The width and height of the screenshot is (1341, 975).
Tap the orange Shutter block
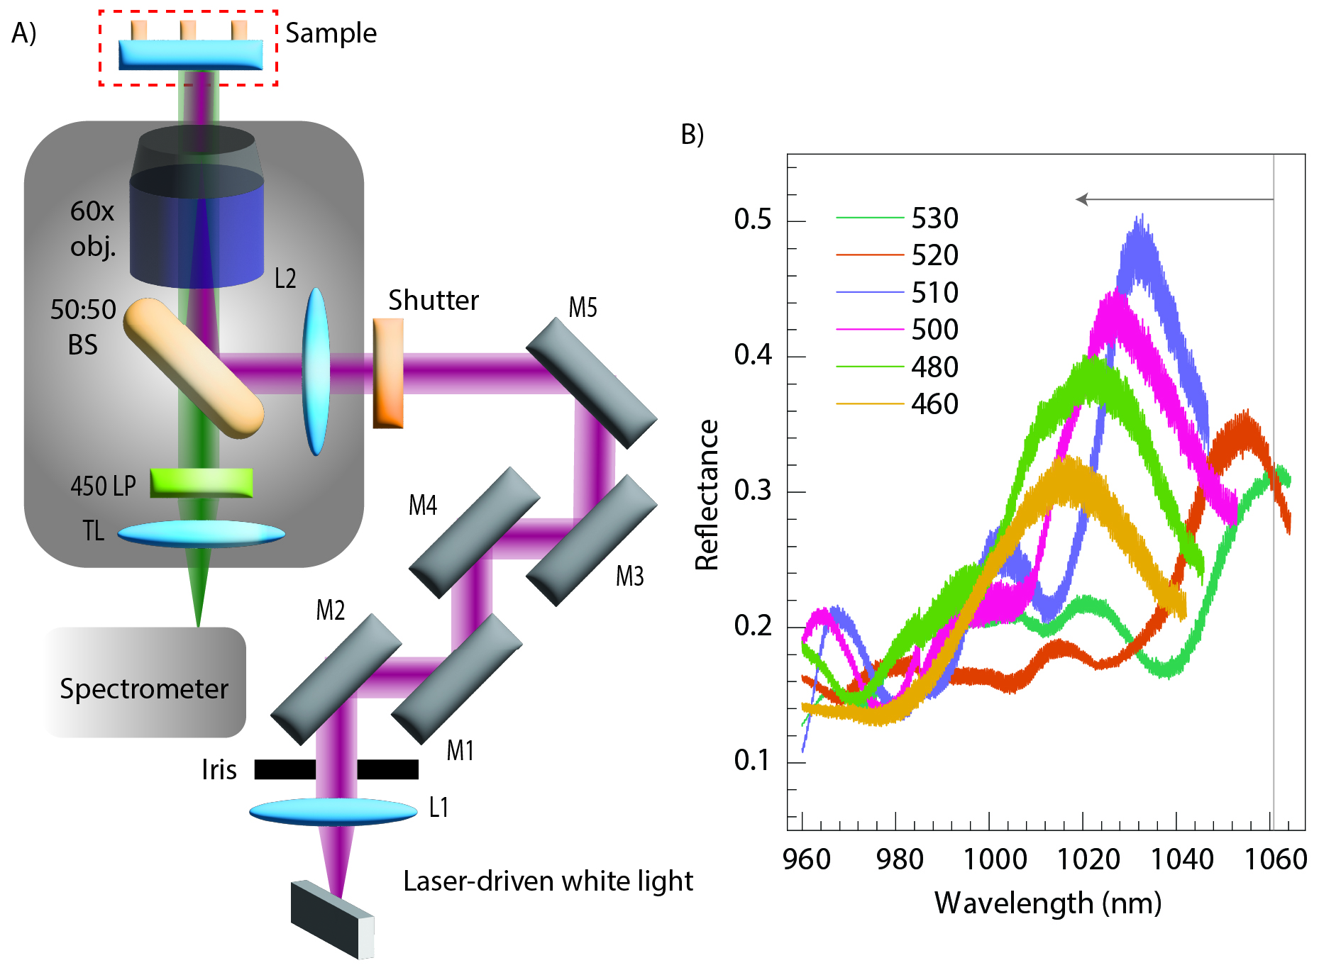click(388, 373)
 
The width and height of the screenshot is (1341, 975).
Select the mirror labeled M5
click(591, 382)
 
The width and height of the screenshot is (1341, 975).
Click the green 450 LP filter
click(202, 482)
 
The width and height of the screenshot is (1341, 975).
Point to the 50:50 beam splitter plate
click(194, 367)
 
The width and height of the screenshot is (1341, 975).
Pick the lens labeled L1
click(333, 811)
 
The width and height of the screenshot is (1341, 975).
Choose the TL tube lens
click(202, 534)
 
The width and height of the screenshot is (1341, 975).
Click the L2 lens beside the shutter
click(316, 371)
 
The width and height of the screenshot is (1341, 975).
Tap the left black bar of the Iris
click(285, 769)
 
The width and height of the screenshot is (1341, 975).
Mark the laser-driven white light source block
click(332, 919)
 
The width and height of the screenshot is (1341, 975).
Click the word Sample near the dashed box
click(331, 33)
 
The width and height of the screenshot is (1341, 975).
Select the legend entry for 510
click(934, 292)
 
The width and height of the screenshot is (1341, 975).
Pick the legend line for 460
click(870, 403)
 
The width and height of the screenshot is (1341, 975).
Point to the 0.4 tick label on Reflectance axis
click(753, 355)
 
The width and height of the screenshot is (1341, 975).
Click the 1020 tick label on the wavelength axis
click(1088, 859)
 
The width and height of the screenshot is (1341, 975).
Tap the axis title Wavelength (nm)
click(1047, 903)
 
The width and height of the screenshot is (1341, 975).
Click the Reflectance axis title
click(707, 495)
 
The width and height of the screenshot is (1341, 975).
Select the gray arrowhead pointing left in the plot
click(1081, 199)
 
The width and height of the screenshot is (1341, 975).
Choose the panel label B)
click(692, 133)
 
